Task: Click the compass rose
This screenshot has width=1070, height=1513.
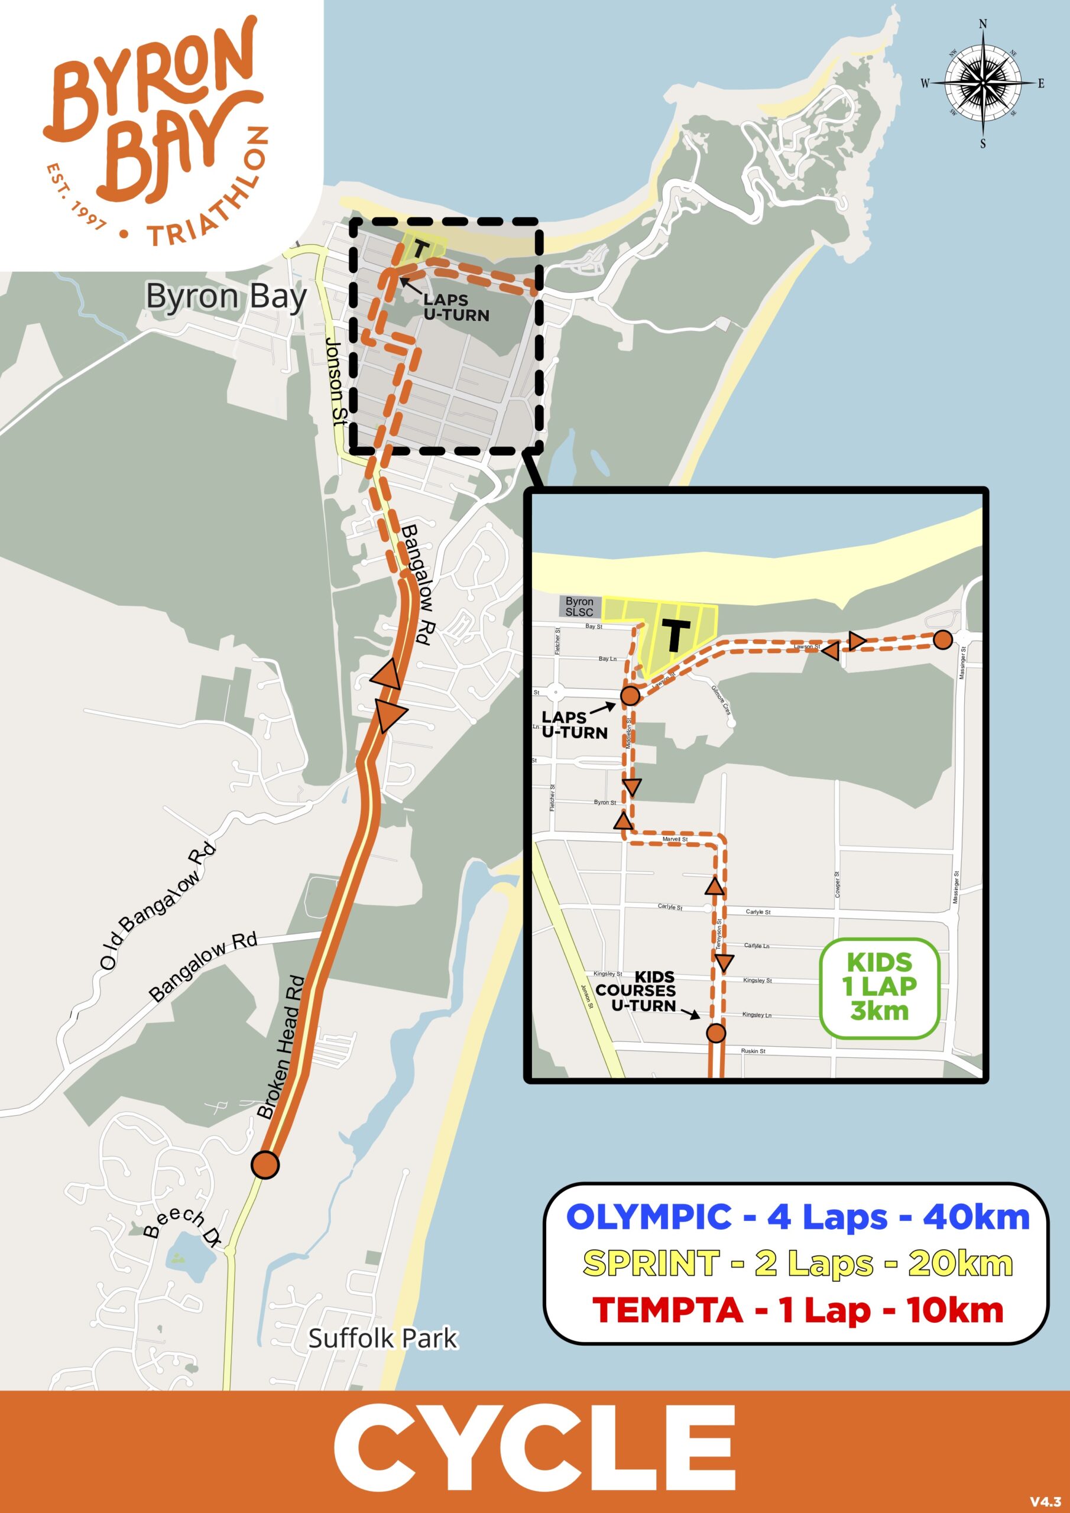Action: tap(983, 83)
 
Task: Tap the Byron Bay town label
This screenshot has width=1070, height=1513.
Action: tap(226, 297)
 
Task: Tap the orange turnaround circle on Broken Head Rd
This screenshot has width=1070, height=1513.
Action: tap(265, 1164)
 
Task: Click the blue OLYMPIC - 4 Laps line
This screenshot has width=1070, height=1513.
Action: tap(797, 1217)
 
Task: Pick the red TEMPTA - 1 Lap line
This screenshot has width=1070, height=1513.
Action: tap(797, 1310)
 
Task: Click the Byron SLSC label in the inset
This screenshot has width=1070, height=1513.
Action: tap(579, 606)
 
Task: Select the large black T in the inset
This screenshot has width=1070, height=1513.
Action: tap(675, 636)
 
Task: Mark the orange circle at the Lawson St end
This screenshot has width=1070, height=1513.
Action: tap(943, 639)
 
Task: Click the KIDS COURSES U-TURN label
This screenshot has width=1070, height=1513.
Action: tap(635, 991)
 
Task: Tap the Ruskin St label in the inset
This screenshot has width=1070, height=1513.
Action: tap(753, 1051)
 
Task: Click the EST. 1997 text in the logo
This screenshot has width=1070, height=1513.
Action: tap(75, 197)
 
